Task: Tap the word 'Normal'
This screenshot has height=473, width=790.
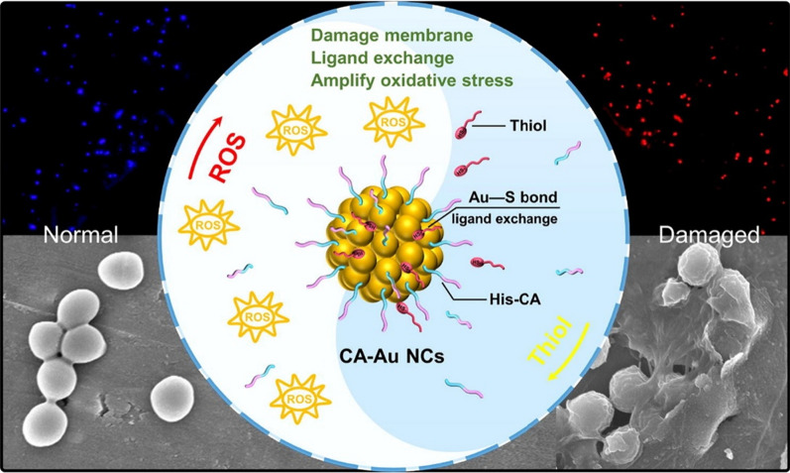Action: tap(80, 237)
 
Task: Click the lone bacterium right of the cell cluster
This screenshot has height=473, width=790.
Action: tap(175, 396)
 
